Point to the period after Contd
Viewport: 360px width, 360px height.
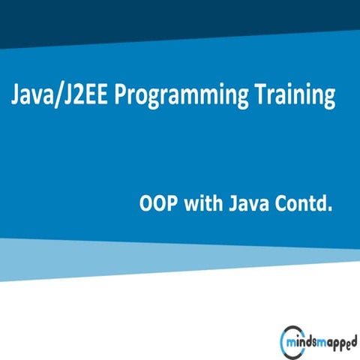(x=328, y=209)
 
